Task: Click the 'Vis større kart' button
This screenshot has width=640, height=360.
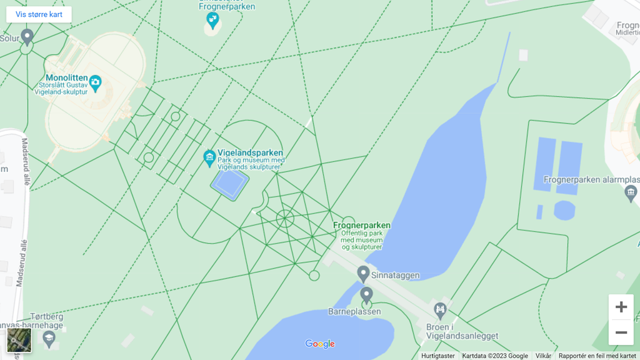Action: [39, 14]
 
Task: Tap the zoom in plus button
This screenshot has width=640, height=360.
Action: [621, 307]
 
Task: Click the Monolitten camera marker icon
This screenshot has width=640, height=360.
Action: [95, 81]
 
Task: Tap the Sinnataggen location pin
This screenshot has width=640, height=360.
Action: [363, 273]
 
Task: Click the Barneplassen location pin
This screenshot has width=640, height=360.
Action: [367, 294]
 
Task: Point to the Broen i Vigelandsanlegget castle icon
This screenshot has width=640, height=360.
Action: [441, 309]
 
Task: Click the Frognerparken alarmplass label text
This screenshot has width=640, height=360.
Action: [591, 179]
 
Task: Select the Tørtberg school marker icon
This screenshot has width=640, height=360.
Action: [49, 339]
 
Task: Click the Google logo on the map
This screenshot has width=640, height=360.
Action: [320, 344]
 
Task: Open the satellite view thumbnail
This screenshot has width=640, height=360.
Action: [19, 340]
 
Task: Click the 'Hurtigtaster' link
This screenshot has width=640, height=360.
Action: [438, 356]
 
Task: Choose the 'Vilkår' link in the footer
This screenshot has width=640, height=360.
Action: [543, 356]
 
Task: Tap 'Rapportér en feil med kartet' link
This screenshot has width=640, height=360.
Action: [597, 356]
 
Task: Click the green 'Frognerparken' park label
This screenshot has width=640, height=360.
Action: [362, 225]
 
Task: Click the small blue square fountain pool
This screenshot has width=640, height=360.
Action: [229, 183]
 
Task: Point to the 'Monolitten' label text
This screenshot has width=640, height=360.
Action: [66, 78]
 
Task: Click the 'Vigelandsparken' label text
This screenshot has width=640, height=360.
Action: [250, 152]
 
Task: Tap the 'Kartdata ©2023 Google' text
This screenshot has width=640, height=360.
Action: [495, 356]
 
